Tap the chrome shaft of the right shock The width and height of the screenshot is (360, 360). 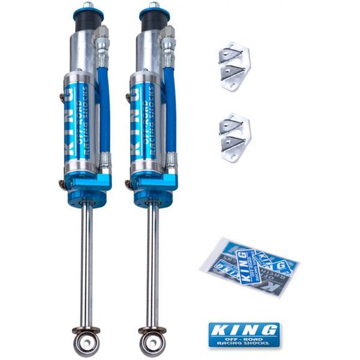pos(150,262)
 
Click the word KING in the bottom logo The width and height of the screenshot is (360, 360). pos(243,329)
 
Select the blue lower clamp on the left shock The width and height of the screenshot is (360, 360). pos(87,187)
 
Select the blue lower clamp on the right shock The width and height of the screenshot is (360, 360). pos(153,187)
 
